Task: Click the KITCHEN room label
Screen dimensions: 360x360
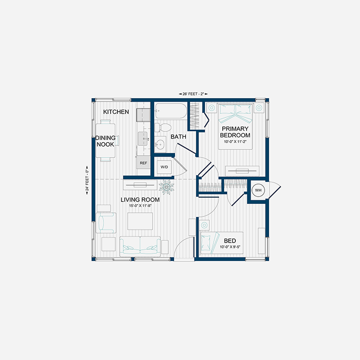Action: point(116,112)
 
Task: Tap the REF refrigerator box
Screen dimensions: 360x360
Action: point(143,162)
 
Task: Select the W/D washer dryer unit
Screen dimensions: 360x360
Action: point(164,167)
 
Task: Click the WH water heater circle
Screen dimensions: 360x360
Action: point(258,190)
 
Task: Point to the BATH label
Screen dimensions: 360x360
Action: point(178,137)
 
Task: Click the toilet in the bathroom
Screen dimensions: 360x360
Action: point(163,127)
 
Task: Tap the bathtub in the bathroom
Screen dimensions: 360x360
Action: point(171,111)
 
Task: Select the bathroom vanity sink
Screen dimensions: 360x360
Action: point(160,144)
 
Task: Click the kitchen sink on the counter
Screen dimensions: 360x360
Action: point(143,139)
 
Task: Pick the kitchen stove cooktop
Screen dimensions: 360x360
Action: point(143,115)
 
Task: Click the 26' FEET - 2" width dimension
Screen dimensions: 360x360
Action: point(193,94)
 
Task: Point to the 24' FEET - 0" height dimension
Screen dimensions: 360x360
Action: point(87,180)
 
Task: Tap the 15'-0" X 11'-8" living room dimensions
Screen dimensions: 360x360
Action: point(140,206)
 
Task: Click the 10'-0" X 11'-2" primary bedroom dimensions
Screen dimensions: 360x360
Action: point(235,142)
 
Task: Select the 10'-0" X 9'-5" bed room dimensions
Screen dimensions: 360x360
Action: point(230,247)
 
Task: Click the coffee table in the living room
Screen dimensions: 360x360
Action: point(140,221)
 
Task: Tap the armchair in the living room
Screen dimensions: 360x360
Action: point(106,223)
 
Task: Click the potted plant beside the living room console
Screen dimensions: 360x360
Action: point(166,187)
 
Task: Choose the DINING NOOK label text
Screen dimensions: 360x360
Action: point(105,141)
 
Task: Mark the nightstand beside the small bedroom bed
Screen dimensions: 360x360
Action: point(204,225)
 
